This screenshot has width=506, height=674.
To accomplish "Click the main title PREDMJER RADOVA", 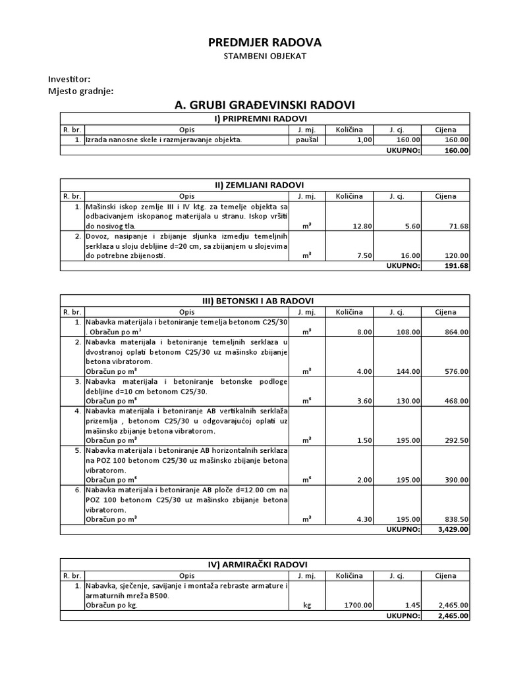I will click(265, 42).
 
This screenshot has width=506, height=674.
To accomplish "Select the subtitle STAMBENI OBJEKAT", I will click(265, 57).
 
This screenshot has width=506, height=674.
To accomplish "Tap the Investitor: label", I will click(70, 79).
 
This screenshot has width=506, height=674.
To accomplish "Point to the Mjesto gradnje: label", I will click(81, 91).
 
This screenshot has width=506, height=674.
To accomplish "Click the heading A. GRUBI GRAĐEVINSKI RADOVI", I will click(265, 105).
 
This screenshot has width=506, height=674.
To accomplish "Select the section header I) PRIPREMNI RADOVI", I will click(265, 118).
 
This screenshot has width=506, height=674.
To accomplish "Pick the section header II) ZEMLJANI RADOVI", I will click(265, 185).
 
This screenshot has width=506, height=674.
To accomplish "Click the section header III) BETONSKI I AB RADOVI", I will click(265, 301).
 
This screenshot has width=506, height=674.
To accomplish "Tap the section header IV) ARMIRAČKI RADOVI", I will click(265, 564).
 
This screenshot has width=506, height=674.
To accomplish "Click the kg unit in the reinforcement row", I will click(307, 606).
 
